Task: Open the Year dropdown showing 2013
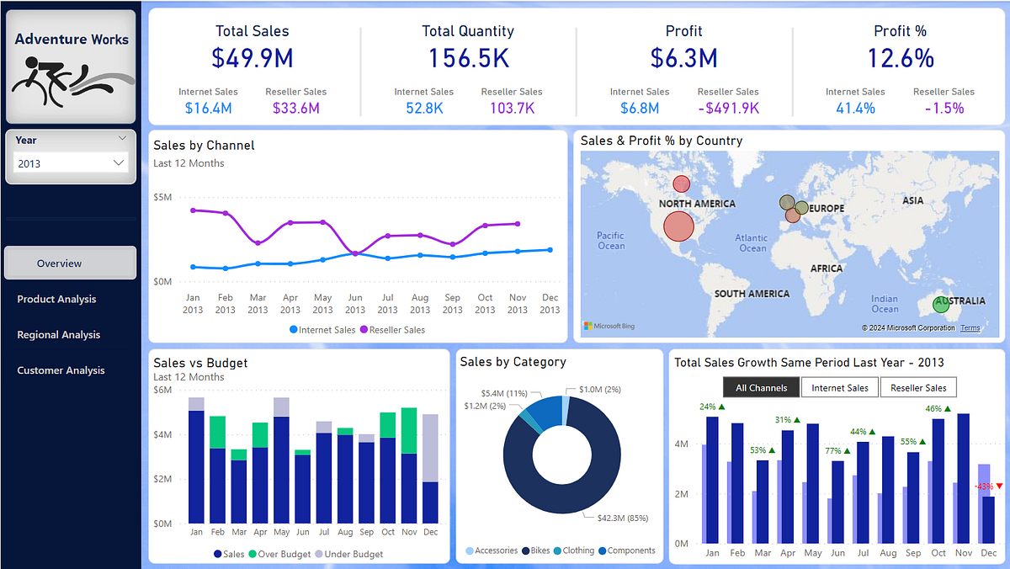72,163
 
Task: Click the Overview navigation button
70,263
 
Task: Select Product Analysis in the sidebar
56,299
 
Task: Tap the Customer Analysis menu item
61,370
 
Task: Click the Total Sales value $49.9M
252,58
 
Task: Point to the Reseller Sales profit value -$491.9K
728,108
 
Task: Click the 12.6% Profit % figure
900,58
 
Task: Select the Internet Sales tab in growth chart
839,387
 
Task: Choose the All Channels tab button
761,387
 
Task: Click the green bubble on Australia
941,305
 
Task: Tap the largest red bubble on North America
678,226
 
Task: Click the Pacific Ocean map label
611,240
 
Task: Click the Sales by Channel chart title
204,145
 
